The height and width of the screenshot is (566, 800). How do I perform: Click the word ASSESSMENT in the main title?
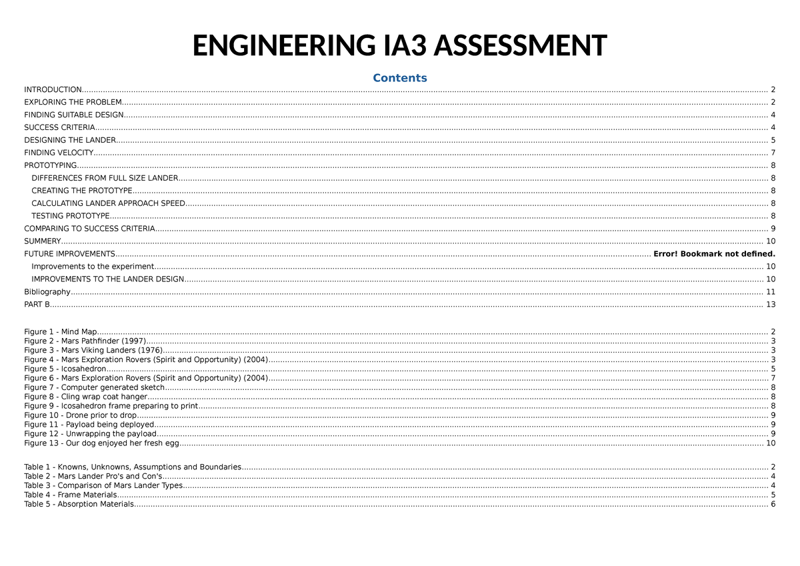tap(520, 46)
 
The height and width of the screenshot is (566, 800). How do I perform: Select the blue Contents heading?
tap(400, 78)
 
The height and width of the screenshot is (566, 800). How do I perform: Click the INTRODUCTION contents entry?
tap(53, 89)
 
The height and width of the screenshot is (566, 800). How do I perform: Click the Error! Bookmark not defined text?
tap(715, 254)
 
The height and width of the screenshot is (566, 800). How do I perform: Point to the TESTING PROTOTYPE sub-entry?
tap(70, 216)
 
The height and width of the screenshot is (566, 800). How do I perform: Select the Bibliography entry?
tap(47, 292)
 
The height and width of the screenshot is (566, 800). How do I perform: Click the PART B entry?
tap(37, 305)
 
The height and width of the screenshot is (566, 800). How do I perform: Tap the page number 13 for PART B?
tap(771, 305)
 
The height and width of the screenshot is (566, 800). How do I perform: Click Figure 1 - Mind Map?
tap(61, 332)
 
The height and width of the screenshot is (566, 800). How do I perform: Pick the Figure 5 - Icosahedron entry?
tap(65, 369)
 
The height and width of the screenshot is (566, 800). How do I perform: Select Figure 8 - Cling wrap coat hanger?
tap(85, 397)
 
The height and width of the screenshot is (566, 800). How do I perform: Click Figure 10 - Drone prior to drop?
tap(80, 415)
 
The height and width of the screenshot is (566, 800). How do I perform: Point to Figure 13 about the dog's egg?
tap(101, 443)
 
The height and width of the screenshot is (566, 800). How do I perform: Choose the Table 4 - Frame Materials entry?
tap(70, 495)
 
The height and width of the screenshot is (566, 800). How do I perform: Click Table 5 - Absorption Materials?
tap(79, 504)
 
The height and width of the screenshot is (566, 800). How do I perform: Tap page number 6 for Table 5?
tap(773, 504)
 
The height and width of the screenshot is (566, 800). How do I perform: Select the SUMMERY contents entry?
tap(42, 241)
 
